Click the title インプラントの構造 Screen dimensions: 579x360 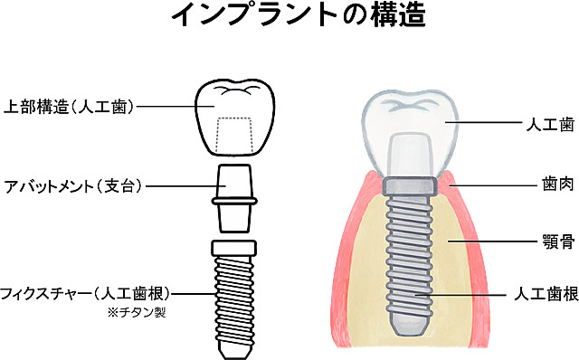coord(289,16)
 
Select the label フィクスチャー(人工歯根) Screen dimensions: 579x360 coord(85,293)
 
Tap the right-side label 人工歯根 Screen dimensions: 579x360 coord(543,295)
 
